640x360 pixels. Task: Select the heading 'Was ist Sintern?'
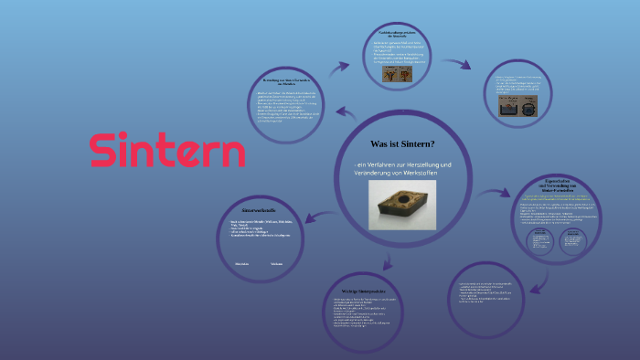click(x=401, y=144)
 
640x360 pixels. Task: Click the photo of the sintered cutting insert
click(x=401, y=204)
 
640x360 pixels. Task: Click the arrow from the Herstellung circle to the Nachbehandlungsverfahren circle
click(x=341, y=69)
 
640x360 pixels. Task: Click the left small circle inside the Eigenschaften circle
click(x=539, y=239)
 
